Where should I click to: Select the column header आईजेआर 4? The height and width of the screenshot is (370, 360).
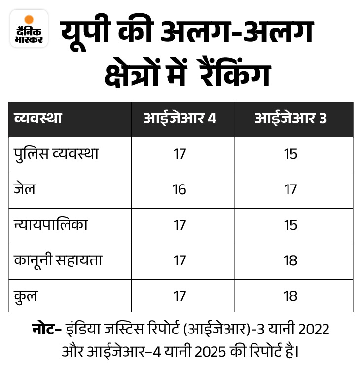[x=180, y=119]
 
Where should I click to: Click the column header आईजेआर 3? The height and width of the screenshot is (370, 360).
[x=290, y=119]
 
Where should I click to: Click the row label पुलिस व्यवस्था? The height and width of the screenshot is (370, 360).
[x=56, y=154]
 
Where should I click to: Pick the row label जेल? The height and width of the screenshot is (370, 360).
[x=25, y=189]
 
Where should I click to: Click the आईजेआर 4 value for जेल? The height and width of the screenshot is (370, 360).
[x=180, y=189]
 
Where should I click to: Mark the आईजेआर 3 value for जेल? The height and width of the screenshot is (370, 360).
[x=290, y=189]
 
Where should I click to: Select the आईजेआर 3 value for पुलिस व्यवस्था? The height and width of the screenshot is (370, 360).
[x=290, y=154]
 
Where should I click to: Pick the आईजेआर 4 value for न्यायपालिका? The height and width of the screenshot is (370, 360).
[x=180, y=225]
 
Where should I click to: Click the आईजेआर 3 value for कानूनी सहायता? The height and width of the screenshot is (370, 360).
[x=290, y=260]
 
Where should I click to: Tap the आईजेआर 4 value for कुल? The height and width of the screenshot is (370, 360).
[x=180, y=296]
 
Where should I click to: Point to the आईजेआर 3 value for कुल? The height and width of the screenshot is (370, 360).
[x=290, y=296]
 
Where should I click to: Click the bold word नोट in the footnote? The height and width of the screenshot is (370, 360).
[x=44, y=329]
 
